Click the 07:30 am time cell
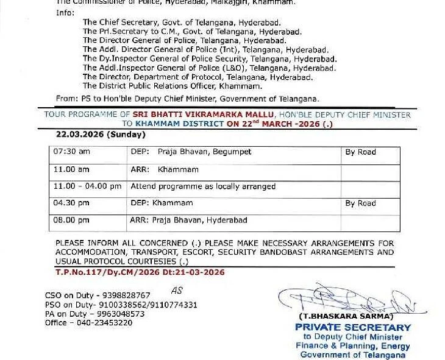coord(71,152)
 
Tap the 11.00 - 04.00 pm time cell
coord(87,186)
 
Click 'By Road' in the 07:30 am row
coord(360,152)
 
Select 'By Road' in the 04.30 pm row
coord(360,203)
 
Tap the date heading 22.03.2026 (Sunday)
coord(100,135)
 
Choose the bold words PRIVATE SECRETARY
coord(353,327)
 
